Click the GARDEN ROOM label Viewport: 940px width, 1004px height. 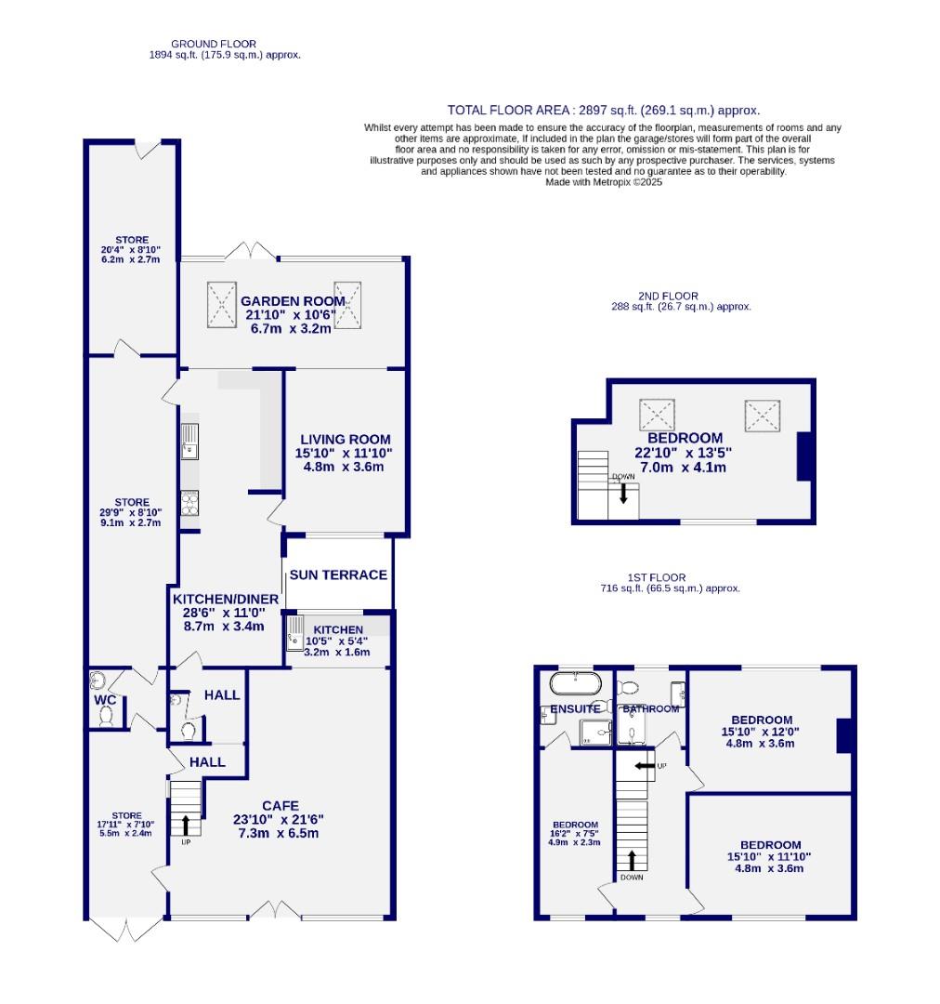pos(293,301)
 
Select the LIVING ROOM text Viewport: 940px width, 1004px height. pos(345,439)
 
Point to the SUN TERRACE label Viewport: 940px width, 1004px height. pos(338,575)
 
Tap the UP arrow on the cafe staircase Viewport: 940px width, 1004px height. pos(186,824)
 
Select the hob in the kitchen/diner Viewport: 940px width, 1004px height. pos(189,503)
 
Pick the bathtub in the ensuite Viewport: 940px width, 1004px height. pos(576,684)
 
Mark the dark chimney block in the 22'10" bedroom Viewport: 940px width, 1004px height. pos(805,456)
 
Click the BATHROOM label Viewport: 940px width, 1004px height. pos(652,709)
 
